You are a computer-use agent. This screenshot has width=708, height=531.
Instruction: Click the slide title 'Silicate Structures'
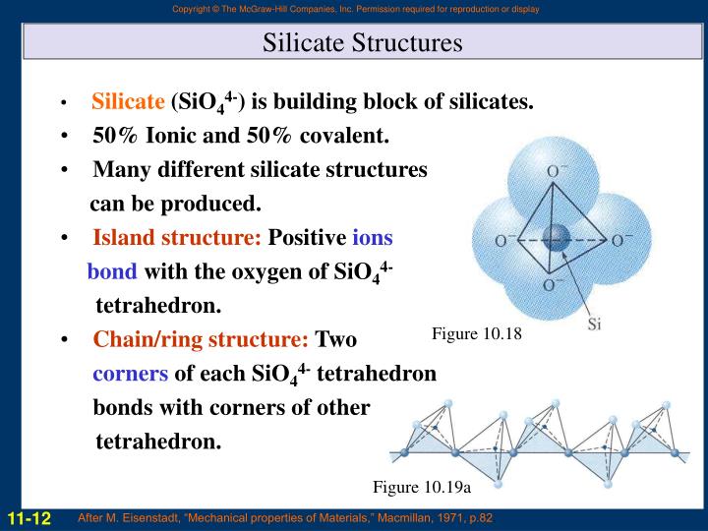[362, 43]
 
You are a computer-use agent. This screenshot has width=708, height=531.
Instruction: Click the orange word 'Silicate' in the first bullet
[128, 101]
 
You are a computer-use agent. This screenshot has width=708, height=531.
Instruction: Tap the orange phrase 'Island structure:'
[177, 238]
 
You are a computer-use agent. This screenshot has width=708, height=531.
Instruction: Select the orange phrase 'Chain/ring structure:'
[201, 340]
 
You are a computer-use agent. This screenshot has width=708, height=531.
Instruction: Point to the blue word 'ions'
[373, 238]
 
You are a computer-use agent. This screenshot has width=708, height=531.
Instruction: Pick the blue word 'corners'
[131, 375]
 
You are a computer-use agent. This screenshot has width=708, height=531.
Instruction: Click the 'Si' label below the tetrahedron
[593, 324]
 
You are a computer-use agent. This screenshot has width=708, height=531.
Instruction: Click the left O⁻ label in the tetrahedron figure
[505, 240]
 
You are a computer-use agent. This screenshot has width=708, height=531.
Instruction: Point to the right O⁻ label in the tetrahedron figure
[621, 240]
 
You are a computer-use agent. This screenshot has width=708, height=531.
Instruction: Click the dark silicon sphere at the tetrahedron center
[557, 237]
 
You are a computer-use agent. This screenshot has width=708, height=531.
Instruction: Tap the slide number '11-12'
[29, 517]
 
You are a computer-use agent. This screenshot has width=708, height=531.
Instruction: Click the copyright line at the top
[354, 10]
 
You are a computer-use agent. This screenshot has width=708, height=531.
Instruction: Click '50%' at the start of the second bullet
[119, 135]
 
